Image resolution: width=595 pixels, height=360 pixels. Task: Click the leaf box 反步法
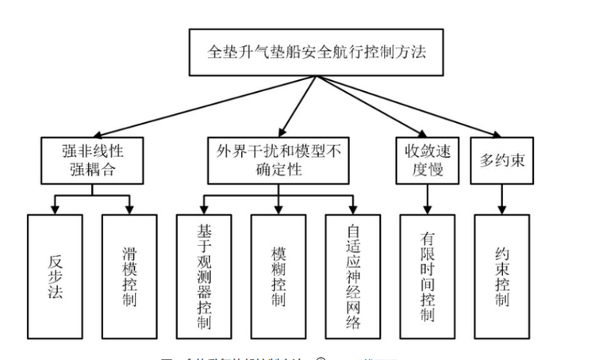pyautogui.click(x=54, y=278)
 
